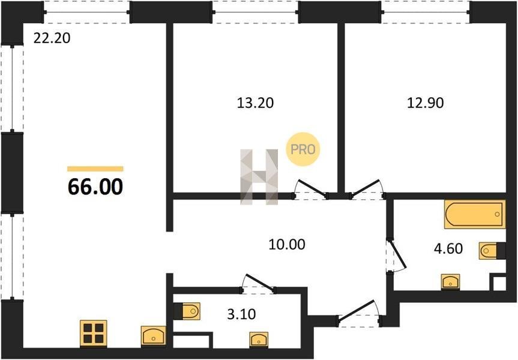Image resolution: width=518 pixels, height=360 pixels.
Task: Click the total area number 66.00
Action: tap(95, 187)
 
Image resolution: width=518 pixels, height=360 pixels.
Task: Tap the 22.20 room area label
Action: tap(52, 38)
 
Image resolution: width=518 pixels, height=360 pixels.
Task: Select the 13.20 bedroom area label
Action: tap(255, 103)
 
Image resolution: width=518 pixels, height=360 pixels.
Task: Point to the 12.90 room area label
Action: tap(425, 103)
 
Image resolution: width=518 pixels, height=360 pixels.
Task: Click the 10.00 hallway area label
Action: tap(287, 245)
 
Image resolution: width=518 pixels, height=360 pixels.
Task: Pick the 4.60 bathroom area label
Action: tap(448, 248)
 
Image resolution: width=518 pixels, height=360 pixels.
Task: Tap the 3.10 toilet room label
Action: tap(241, 314)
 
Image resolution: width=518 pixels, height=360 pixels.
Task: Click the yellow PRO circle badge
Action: tap(303, 149)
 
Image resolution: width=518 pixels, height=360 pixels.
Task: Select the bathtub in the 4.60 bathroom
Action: tap(475, 214)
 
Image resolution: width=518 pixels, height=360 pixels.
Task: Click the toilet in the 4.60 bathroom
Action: tap(492, 251)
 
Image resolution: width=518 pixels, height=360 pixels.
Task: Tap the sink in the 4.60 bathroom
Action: tap(451, 282)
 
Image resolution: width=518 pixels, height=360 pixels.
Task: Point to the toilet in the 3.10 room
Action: tap(187, 311)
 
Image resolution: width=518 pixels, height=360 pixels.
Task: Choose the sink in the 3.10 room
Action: tap(259, 340)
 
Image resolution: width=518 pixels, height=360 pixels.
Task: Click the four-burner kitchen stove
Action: tap(94, 333)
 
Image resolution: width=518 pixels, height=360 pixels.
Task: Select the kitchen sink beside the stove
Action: tap(153, 336)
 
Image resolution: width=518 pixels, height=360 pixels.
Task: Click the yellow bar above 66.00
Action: tap(95, 169)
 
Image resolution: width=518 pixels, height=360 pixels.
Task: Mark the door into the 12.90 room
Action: tap(366, 189)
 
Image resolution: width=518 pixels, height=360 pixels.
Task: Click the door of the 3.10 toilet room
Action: tap(258, 284)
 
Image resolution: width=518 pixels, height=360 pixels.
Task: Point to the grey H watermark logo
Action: tap(259, 176)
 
